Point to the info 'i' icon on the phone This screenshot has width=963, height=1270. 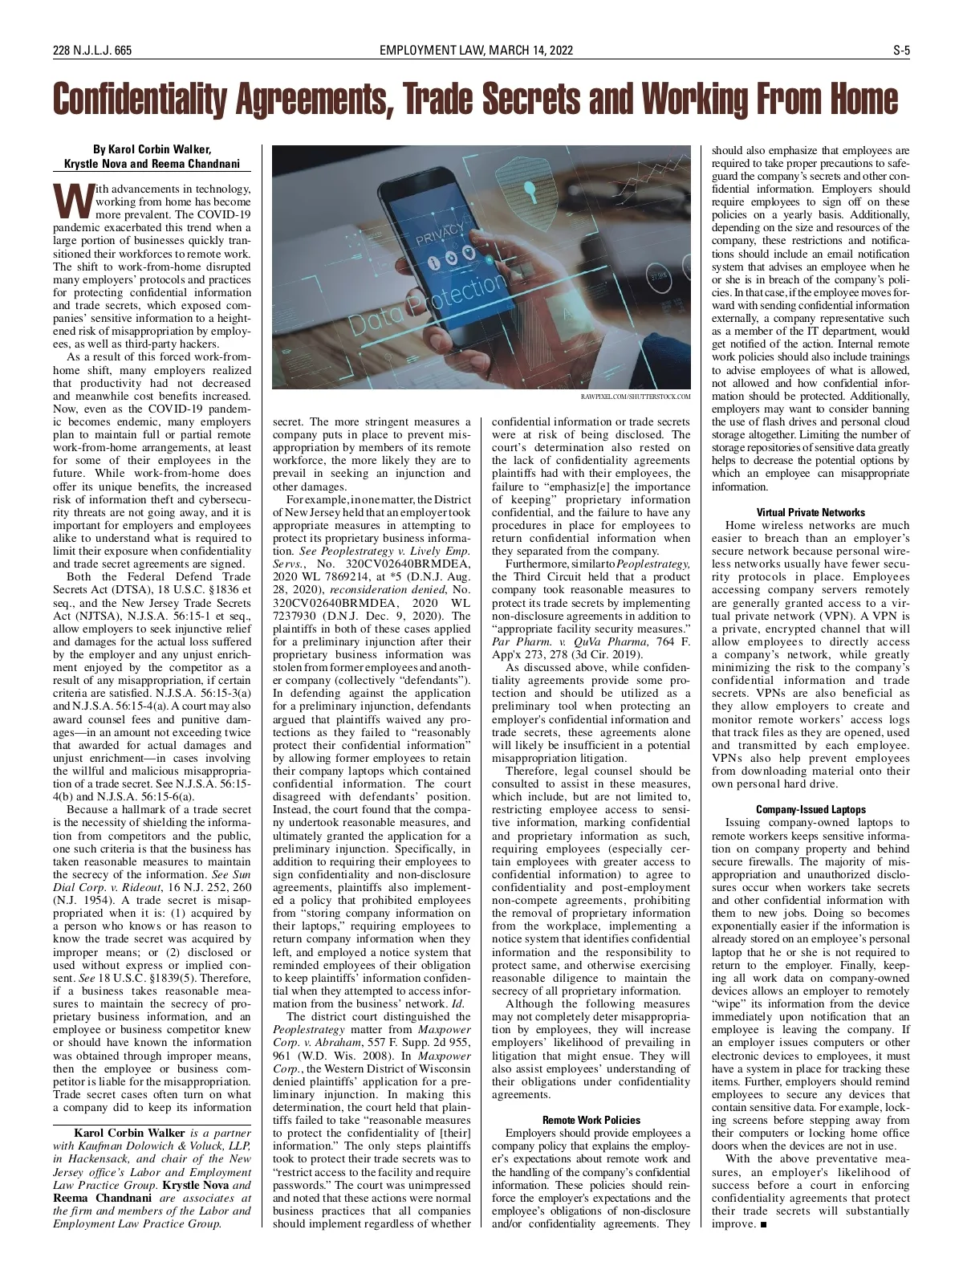pos(433,263)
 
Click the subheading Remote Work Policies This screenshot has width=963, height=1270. pos(591,1120)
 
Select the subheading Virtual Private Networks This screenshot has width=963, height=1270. pos(811,512)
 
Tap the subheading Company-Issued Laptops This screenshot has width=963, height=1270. pos(811,809)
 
